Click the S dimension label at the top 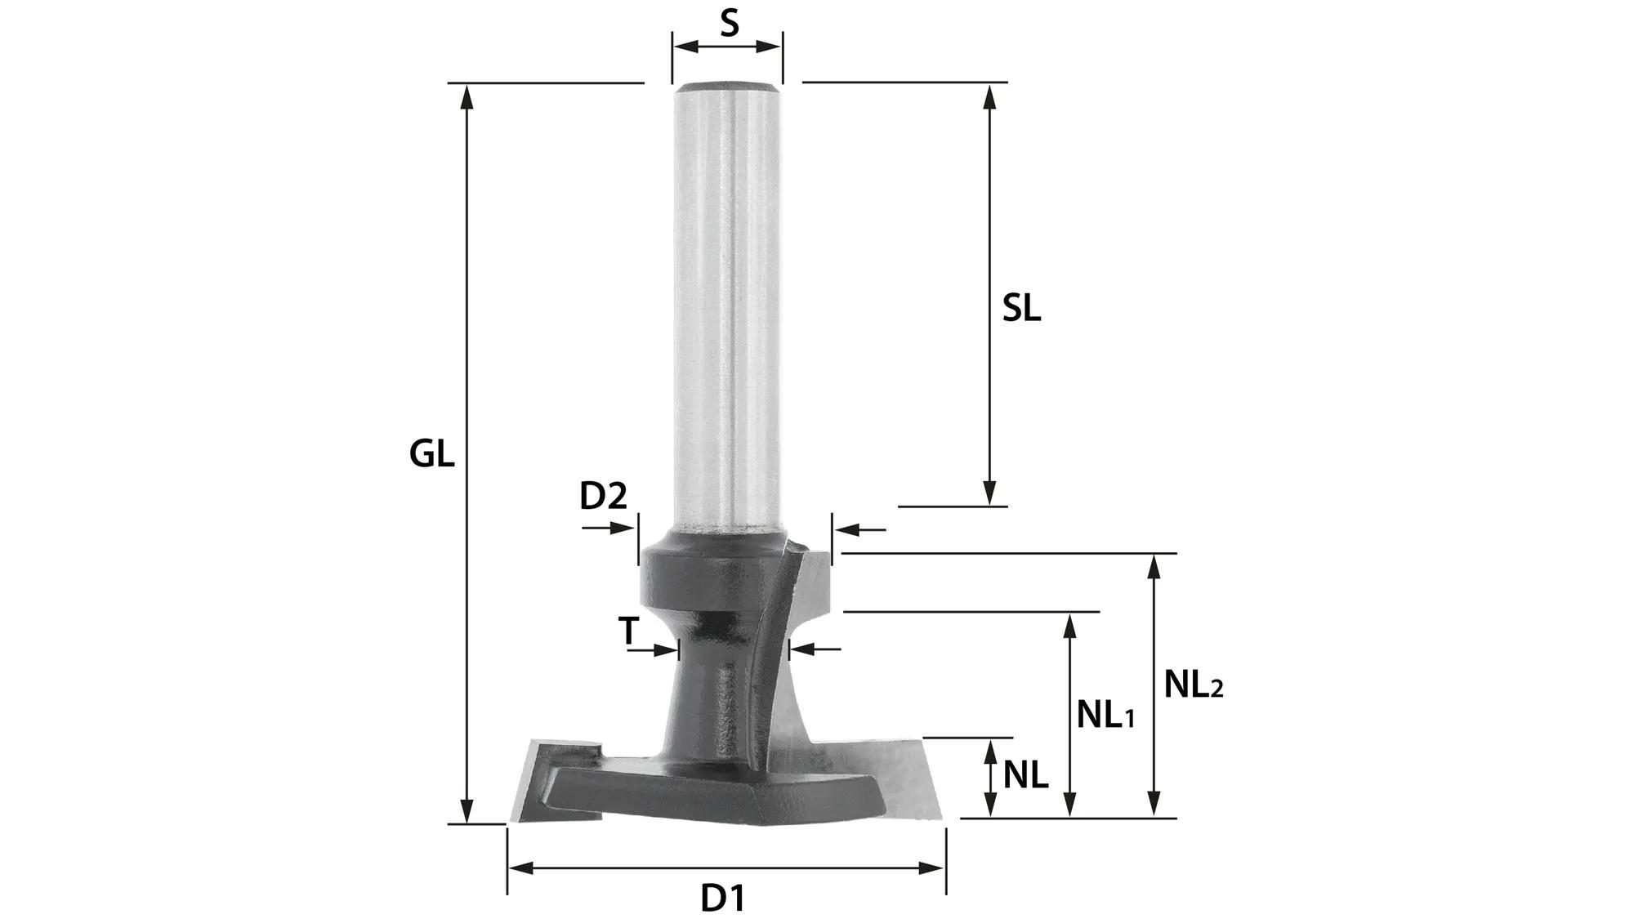[729, 23]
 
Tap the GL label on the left [431, 453]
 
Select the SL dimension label [1021, 309]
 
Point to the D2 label [603, 495]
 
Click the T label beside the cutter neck [627, 631]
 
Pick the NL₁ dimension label [1105, 716]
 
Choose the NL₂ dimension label [1194, 685]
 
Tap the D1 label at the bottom [723, 899]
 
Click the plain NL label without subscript [1025, 775]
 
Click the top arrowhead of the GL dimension [467, 96]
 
